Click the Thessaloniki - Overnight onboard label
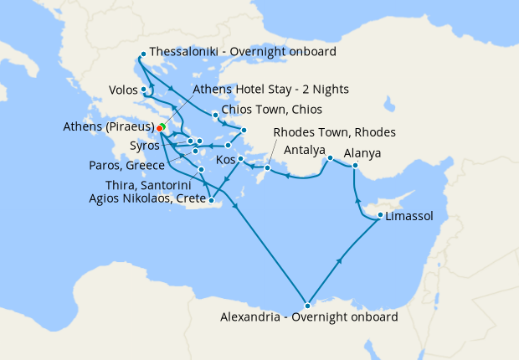coord(243,52)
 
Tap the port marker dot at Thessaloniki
coord(143,54)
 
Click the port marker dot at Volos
coord(145,90)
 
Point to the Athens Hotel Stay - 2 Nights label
coord(270,89)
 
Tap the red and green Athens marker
coord(160,128)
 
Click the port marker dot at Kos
coord(240,159)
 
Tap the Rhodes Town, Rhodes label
coord(335,132)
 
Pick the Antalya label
coord(304,151)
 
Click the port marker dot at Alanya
coord(355,166)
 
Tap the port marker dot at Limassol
coord(381,215)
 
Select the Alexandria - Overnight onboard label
coord(309,318)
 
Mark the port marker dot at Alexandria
coord(308,305)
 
